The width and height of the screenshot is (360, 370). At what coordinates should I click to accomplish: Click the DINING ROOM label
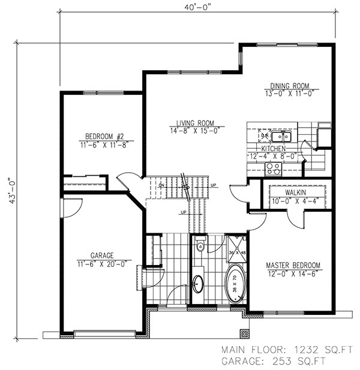[x=290, y=86]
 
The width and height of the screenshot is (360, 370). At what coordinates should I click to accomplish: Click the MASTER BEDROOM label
[x=293, y=265]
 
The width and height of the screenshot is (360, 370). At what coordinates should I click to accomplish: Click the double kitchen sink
[x=280, y=137]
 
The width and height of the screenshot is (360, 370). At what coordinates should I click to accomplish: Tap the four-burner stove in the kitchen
[x=274, y=169]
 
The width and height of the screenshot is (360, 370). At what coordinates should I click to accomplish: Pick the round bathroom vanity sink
[x=199, y=283]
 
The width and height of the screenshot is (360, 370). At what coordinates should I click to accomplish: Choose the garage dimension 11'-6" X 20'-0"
[x=99, y=263]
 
